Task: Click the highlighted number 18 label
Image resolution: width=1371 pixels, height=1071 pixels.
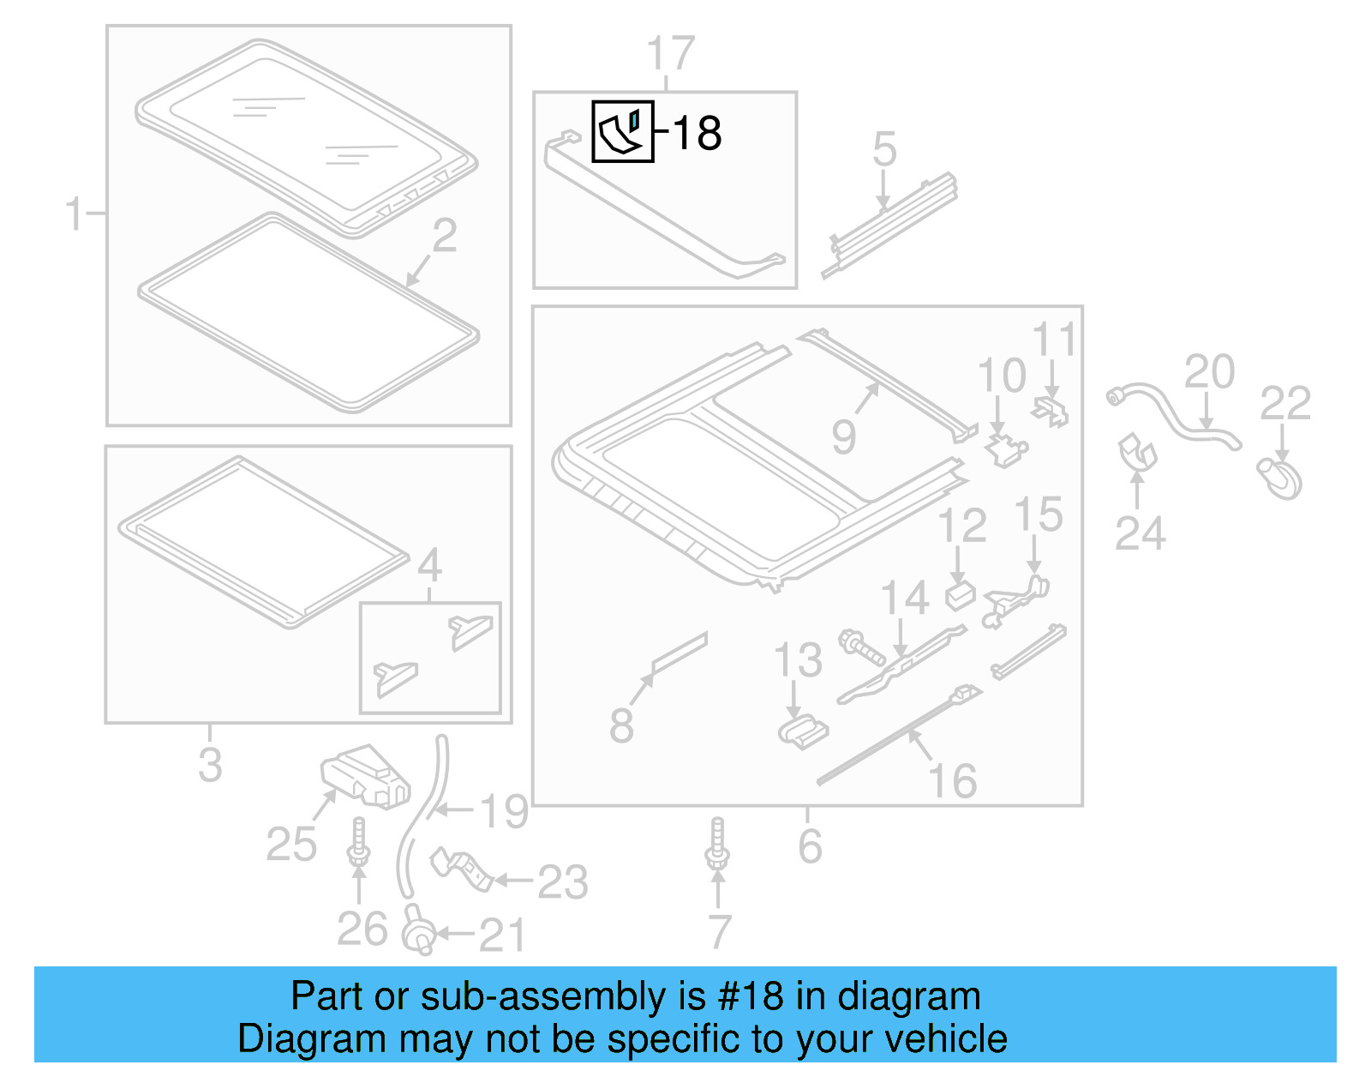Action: (697, 134)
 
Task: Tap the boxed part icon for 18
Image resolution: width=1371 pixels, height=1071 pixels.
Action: (623, 131)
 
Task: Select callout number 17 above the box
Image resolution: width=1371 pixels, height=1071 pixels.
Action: (670, 54)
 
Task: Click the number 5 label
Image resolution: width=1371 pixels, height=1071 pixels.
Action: (884, 150)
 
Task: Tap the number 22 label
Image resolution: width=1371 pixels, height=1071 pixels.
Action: (1284, 404)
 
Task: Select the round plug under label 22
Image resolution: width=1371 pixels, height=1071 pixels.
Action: (1280, 478)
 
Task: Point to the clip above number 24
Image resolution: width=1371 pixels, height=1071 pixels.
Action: (1137, 452)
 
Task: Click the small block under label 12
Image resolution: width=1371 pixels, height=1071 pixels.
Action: (960, 594)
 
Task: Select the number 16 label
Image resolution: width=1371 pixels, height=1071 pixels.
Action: (952, 781)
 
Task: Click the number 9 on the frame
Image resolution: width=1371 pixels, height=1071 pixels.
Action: (843, 436)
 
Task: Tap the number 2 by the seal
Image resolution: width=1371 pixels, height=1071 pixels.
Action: (445, 236)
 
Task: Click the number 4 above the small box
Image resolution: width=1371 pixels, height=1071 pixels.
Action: (429, 565)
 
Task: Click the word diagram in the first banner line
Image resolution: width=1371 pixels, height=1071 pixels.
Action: (908, 996)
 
